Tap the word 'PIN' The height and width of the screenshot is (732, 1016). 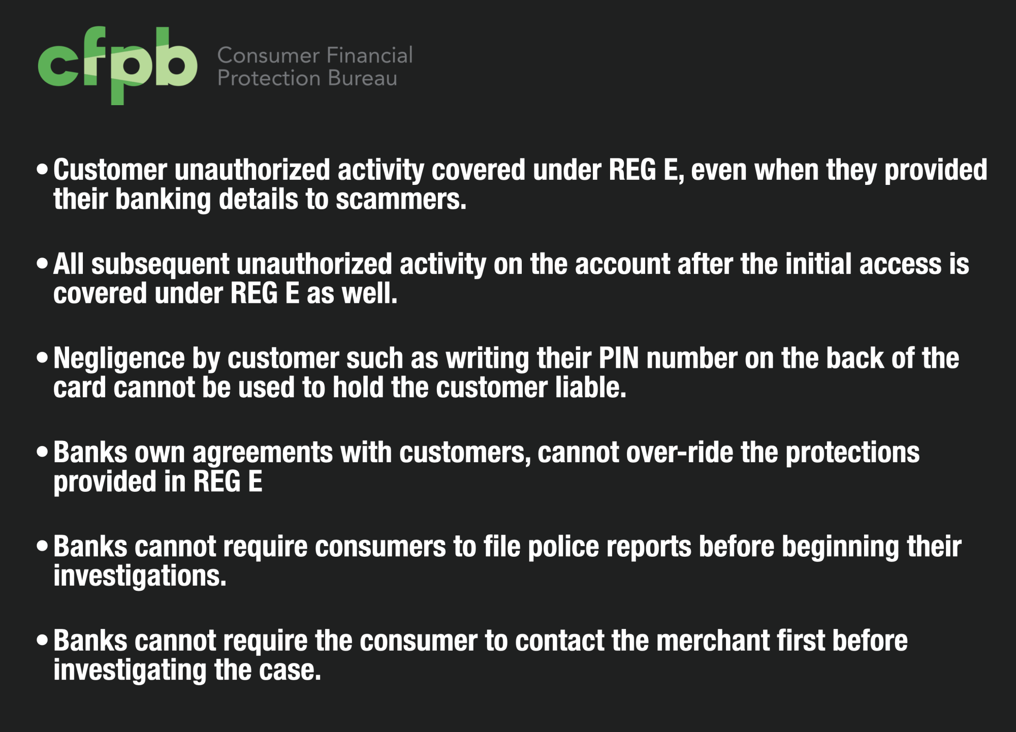point(619,359)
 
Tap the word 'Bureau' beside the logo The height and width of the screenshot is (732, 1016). point(362,79)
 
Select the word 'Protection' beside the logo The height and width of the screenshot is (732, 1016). point(269,79)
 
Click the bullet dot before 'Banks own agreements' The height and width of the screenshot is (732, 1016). point(43,452)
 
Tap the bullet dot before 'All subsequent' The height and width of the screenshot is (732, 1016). point(43,264)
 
